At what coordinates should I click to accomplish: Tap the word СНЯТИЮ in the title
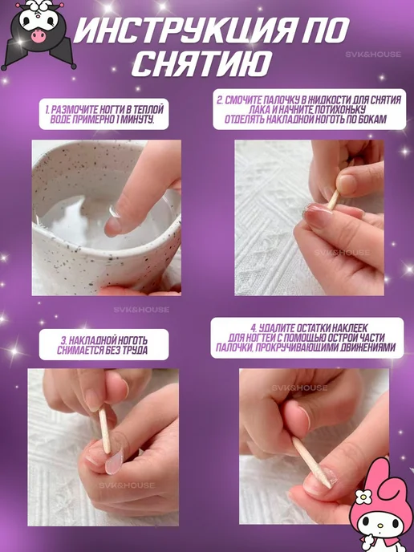201,63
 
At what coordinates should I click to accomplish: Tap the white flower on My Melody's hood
363,497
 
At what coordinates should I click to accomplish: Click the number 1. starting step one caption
47,110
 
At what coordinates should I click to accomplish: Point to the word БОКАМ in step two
371,119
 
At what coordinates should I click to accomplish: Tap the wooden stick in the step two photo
333,199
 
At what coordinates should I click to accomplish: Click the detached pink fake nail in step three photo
115,461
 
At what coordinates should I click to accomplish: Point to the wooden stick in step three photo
104,431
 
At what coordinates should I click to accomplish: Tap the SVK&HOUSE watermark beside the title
373,55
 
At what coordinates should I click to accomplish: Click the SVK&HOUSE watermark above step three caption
141,310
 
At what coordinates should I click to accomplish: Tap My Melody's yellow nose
380,526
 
